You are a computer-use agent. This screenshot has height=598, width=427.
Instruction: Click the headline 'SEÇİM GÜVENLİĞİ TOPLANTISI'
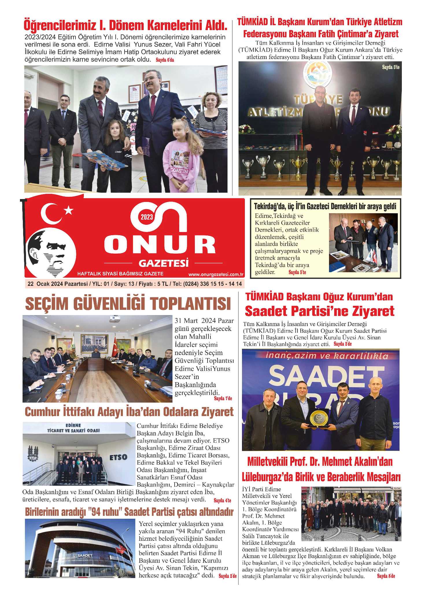click(x=128, y=304)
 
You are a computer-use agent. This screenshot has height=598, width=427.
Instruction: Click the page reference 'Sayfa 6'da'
click(x=165, y=60)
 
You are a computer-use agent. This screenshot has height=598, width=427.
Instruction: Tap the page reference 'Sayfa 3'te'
click(x=391, y=67)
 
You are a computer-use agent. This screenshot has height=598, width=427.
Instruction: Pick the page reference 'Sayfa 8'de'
click(x=386, y=576)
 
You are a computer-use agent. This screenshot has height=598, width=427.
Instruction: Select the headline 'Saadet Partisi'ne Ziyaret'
click(x=319, y=311)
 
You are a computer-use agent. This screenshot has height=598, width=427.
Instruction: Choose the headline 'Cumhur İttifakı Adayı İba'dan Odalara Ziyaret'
click(x=129, y=412)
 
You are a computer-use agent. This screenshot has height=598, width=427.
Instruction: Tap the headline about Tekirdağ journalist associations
click(x=325, y=207)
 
